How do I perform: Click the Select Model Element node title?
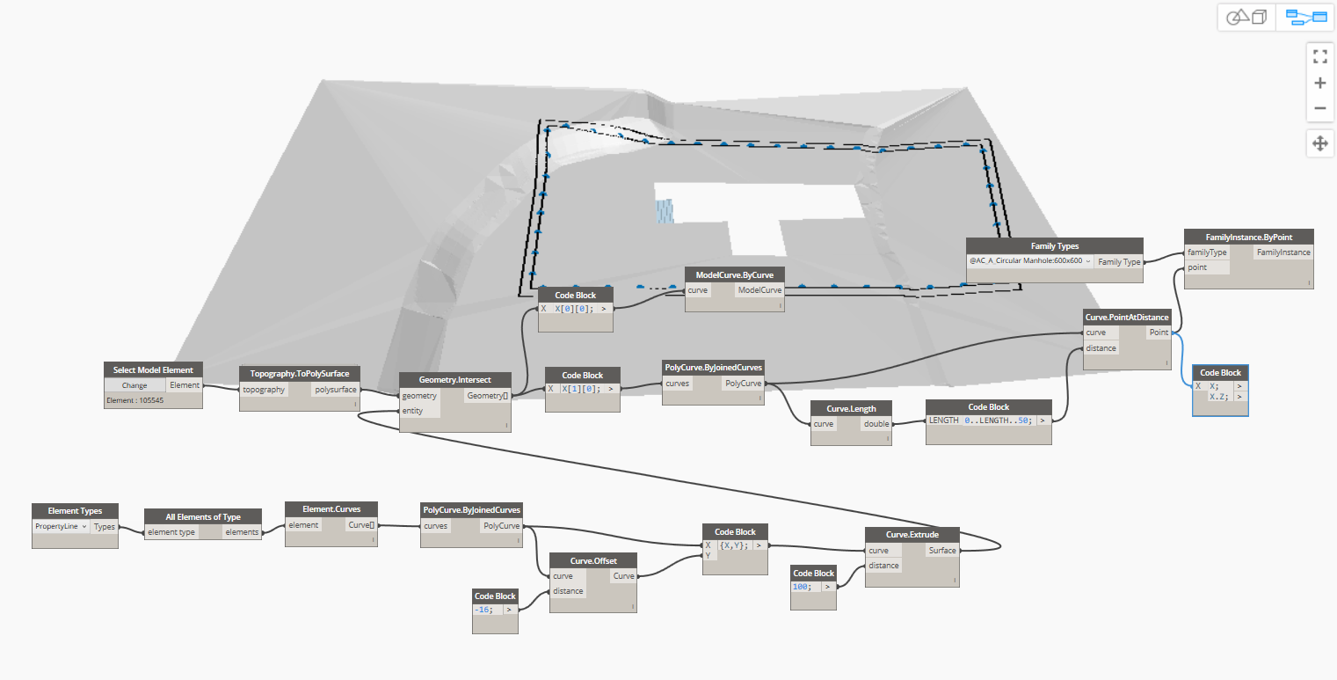coord(153,369)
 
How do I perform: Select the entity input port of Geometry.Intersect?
coord(413,411)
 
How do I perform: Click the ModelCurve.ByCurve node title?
coord(734,274)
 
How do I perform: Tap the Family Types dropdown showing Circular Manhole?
coord(1029,261)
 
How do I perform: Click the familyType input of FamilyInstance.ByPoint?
coord(1207,252)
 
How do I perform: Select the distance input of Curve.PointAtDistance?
coord(1101,348)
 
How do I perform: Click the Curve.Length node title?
coord(850,408)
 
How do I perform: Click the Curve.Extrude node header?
coord(912,535)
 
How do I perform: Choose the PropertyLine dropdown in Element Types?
coord(61,526)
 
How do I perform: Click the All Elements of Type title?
coord(203,516)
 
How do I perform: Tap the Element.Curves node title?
coord(331,508)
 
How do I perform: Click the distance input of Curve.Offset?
coord(568,591)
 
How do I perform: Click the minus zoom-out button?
coord(1319,109)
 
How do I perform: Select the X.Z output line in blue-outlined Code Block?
coord(1219,397)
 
